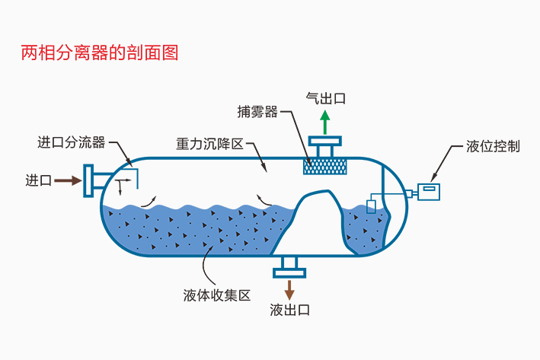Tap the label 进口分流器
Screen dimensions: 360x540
pos(71,142)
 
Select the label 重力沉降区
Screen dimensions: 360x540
pos(209,143)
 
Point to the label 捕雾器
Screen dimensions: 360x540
pos(257,113)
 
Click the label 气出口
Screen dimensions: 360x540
pos(325,98)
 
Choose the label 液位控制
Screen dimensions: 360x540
pos(493,146)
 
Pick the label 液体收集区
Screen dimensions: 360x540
pos(217,295)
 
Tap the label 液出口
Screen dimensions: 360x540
pos(290,310)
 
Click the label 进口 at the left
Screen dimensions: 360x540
pos(38,180)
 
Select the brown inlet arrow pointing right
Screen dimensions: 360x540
pos(68,180)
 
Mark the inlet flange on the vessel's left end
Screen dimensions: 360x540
pos(91,180)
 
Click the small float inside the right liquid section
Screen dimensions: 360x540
pos(371,205)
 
